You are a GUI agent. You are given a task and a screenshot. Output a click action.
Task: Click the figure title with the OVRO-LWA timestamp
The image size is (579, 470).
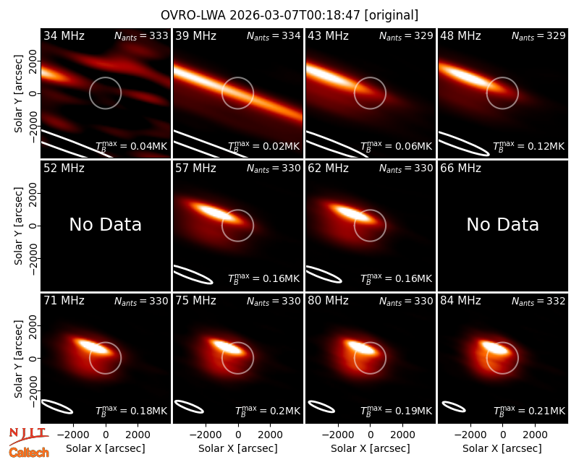point(289,15)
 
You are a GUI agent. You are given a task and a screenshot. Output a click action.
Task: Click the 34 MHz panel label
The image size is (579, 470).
point(64,35)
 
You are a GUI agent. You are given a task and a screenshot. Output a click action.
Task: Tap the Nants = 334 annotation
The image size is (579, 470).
point(274,35)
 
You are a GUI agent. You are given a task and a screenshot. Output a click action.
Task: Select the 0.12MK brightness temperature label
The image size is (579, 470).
point(529,146)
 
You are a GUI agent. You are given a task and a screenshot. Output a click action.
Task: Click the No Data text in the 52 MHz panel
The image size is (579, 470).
point(105,224)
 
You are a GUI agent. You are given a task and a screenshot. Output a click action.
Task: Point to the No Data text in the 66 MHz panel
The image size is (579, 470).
point(502,224)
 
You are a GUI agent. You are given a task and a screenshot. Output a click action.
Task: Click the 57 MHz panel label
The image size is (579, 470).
point(195,168)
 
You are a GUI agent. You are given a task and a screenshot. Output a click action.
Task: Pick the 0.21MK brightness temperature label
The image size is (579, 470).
point(529,411)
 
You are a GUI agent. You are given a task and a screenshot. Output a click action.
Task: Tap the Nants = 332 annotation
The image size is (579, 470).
point(538,301)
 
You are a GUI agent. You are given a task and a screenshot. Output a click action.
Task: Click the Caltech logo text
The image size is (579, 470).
point(29,453)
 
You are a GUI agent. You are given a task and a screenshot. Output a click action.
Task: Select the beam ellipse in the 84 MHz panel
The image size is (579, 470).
point(454,406)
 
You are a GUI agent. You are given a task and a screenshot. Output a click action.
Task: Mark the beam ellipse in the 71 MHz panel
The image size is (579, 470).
point(57,406)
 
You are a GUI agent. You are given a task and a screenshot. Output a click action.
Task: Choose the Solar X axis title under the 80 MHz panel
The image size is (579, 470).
point(370,448)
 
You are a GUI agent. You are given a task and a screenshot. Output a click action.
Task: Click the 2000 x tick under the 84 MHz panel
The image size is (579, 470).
point(535,435)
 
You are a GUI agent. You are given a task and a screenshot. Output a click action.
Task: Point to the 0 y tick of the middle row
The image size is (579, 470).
point(33,226)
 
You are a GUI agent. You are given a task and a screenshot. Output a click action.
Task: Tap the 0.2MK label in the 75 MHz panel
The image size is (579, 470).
point(268,411)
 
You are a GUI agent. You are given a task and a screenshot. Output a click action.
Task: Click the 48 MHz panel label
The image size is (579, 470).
point(460,35)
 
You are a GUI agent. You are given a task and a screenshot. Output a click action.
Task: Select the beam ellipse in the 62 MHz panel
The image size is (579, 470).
point(324,274)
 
